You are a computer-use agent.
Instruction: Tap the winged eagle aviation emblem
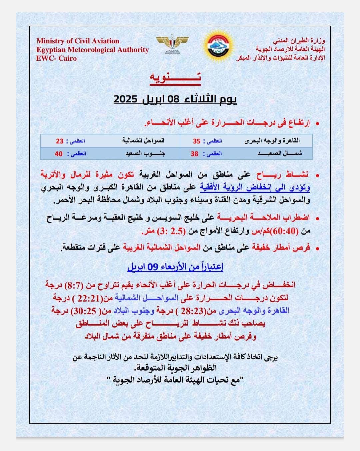tap(168, 43)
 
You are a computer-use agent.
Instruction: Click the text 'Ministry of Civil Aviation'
tap(78, 41)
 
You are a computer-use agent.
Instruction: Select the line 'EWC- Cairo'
tap(56, 58)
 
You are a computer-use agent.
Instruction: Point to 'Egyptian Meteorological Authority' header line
tap(92, 50)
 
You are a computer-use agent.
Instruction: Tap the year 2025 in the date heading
tap(126, 99)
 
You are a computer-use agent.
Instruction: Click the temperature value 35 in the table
tap(197, 141)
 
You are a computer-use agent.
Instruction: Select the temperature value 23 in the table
tap(60, 141)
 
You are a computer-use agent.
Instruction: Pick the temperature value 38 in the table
tap(195, 154)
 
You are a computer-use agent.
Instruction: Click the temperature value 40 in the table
tap(59, 154)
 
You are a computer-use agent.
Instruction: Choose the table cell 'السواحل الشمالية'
tap(143, 141)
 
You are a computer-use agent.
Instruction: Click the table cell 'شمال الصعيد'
tap(280, 154)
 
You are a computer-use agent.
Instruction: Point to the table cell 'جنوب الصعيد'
tap(145, 154)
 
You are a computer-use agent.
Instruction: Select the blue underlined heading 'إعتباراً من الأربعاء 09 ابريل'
tap(175, 267)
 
